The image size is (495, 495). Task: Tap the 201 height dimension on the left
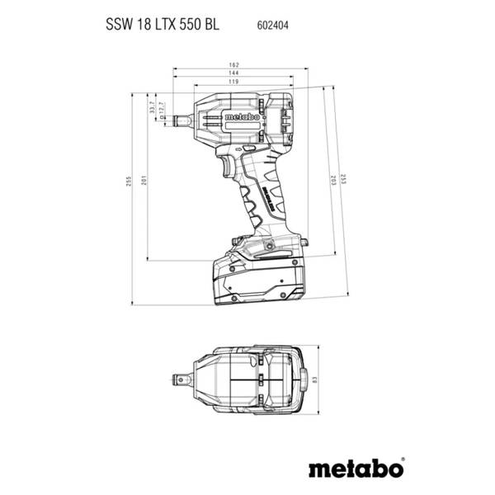144,181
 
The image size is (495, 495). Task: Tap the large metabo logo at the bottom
356,469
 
